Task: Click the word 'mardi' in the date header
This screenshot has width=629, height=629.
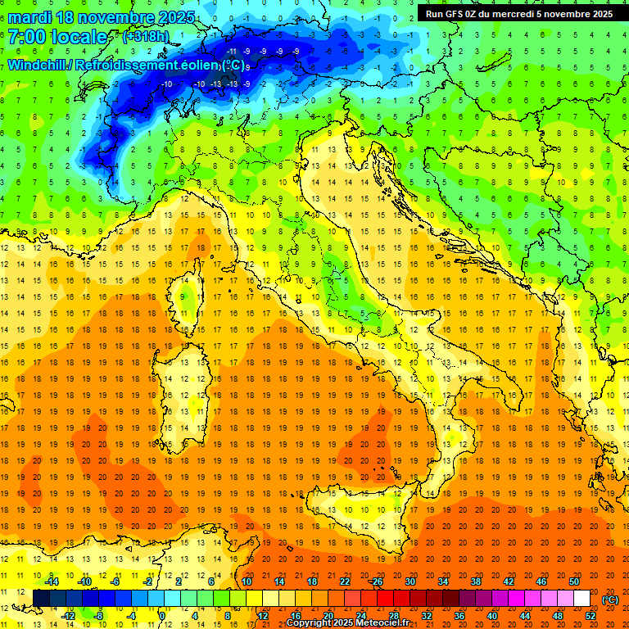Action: pos(30,17)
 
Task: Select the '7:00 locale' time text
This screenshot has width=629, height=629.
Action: pos(58,37)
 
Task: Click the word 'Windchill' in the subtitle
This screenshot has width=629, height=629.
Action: pos(38,65)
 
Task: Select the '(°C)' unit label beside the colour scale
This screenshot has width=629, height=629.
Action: pos(610,600)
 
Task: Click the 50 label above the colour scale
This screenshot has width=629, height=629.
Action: pos(574,581)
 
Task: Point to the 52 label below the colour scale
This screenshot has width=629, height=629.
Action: pos(590,615)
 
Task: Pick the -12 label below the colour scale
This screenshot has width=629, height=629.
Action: pos(70,615)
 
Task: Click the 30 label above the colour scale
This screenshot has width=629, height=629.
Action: pos(410,581)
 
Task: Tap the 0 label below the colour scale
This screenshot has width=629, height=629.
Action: pos(163,615)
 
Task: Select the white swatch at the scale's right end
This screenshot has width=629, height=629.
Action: pos(582,598)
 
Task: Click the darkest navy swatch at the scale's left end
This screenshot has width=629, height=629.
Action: pos(40,598)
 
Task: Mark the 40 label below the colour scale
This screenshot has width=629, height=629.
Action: pos(491,615)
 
